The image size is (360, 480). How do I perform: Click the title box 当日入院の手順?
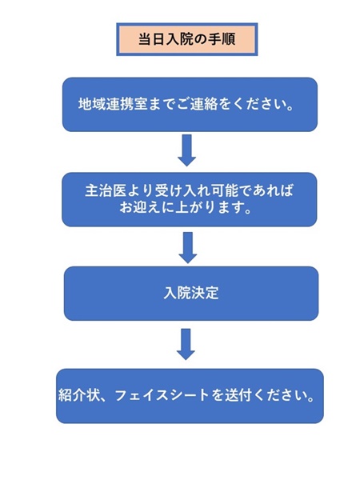pyautogui.click(x=186, y=39)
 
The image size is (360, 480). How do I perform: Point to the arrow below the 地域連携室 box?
pyautogui.click(x=186, y=150)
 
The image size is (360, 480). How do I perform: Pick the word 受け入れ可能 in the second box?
pyautogui.click(x=196, y=190)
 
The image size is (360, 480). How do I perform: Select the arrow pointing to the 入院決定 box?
pyautogui.click(x=188, y=248)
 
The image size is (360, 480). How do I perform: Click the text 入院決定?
pyautogui.click(x=191, y=293)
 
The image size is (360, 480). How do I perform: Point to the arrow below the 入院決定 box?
pyautogui.click(x=186, y=344)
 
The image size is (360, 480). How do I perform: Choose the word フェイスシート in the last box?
pyautogui.click(x=162, y=395)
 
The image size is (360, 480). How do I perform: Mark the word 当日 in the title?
pyautogui.click(x=151, y=39)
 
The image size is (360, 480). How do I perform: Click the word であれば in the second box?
pyautogui.click(x=266, y=190)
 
